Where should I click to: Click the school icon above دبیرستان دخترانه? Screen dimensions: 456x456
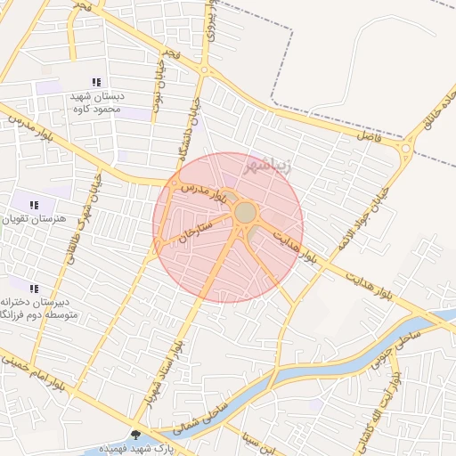(35, 289)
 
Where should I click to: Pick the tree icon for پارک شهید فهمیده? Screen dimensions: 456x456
(135, 436)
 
